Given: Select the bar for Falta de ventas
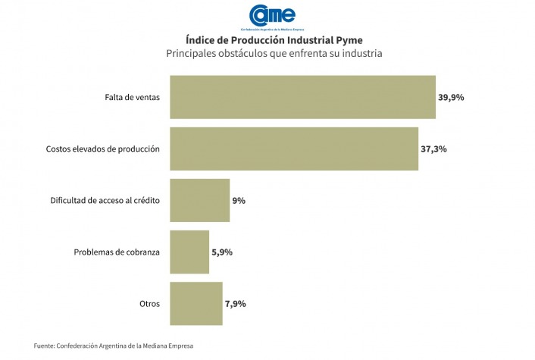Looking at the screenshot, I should coord(302,97).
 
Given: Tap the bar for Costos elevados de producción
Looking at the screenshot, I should coord(294,149).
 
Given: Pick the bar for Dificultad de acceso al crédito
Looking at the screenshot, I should coord(199,200).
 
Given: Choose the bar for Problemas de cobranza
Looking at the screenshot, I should coord(189,252).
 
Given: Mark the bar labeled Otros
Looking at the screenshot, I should coord(196,303).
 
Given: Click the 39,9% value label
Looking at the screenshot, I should coord(451,97).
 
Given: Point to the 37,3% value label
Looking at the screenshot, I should coord(433,149).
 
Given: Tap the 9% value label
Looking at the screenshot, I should coord(239,200).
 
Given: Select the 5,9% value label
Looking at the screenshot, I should coord(221,252).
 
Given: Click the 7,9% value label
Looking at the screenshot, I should coord(235,303).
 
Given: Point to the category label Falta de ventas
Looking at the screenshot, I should coord(133,97).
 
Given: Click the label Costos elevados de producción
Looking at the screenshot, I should coord(103,149).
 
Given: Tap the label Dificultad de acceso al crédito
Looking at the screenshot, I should coord(105,200).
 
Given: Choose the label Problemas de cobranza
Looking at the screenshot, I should coord(117,252).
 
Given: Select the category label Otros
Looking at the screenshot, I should coord(149,303).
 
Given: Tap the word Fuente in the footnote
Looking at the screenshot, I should coord(45,346).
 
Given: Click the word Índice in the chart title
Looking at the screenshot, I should coord(199,39).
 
